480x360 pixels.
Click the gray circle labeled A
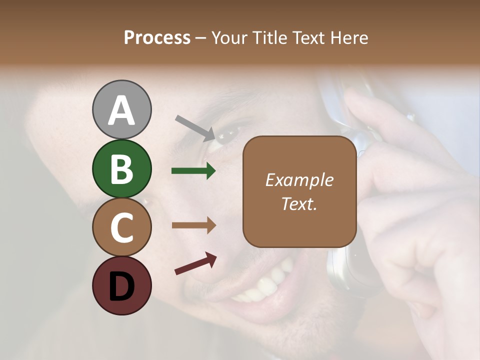(x=121, y=109)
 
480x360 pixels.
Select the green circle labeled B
(x=121, y=168)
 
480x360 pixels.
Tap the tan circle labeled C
(x=121, y=227)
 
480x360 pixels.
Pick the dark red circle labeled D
(x=121, y=285)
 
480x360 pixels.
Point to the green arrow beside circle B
(x=193, y=171)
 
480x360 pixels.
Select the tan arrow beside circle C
(x=193, y=225)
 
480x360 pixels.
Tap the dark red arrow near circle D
(x=195, y=263)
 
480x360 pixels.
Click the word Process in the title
(x=157, y=38)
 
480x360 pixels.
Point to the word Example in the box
(x=299, y=180)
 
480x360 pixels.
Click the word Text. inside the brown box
(x=299, y=204)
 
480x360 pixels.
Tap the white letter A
(x=121, y=110)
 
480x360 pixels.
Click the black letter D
(x=121, y=286)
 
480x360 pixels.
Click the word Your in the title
(x=229, y=38)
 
